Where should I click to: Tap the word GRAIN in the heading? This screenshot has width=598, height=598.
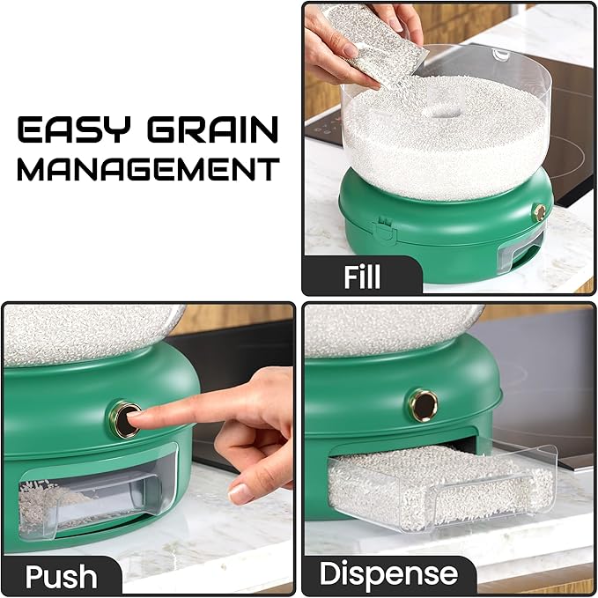pos(213,129)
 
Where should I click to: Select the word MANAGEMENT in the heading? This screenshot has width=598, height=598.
pos(148,169)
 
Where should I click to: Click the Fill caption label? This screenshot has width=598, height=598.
pos(362,277)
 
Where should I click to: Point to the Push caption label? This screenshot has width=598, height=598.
pos(62,576)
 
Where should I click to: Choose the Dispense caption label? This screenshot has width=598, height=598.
pos(388,572)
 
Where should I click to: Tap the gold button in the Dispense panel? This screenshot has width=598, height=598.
pos(424,405)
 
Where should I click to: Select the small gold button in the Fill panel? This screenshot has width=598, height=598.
pos(540,212)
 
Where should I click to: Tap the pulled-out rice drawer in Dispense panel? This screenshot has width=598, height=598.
pos(442,490)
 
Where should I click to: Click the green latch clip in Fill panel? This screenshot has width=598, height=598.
pos(384,230)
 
